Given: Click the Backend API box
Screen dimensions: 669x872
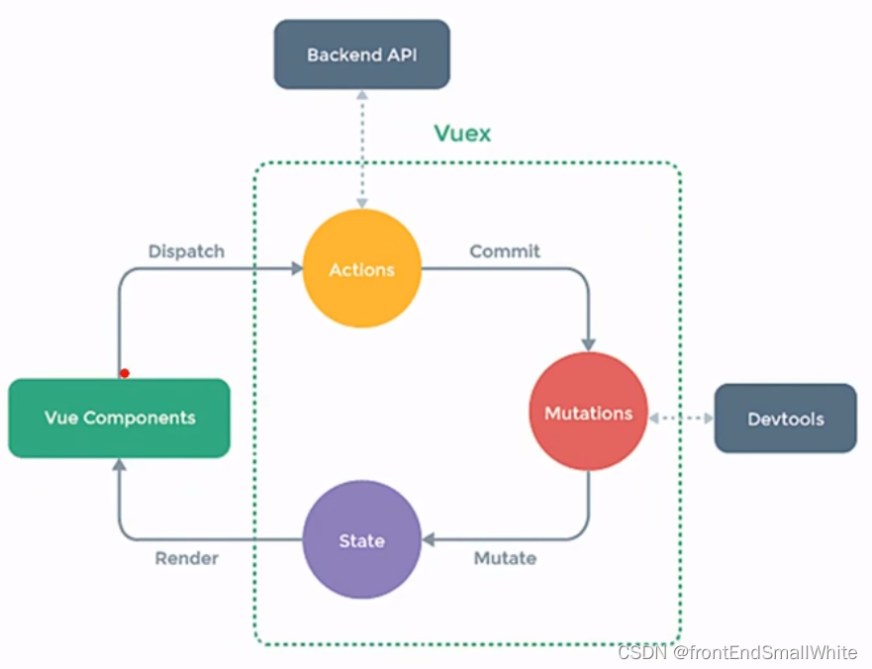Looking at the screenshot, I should pyautogui.click(x=361, y=54).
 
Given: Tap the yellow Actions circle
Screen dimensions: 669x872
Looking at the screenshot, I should pyautogui.click(x=361, y=268).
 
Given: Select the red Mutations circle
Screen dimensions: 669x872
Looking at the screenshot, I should pyautogui.click(x=588, y=412).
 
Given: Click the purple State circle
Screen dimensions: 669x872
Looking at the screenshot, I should pyautogui.click(x=361, y=540).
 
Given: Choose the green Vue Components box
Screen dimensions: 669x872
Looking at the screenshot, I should pyautogui.click(x=119, y=418).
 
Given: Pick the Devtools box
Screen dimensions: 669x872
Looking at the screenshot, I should pyautogui.click(x=785, y=418).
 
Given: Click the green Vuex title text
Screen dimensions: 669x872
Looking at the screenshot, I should pyautogui.click(x=462, y=133).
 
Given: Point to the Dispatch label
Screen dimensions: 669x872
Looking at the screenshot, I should pyautogui.click(x=186, y=251).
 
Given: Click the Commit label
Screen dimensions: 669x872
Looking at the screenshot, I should pyautogui.click(x=505, y=251).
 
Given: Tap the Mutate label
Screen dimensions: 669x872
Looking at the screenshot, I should pyautogui.click(x=505, y=558).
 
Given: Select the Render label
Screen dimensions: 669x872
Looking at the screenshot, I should pyautogui.click(x=186, y=558).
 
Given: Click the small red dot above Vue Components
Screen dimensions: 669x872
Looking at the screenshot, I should pyautogui.click(x=124, y=373).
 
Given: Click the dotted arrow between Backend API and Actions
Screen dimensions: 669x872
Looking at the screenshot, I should pyautogui.click(x=362, y=148).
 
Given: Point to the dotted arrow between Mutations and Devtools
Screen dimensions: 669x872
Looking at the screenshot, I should pyautogui.click(x=680, y=419).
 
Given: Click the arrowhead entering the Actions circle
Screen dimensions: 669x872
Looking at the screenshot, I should pyautogui.click(x=296, y=268).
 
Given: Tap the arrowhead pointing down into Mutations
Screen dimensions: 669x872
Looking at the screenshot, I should pyautogui.click(x=589, y=343).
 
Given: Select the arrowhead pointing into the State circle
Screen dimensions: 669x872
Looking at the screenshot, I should pyautogui.click(x=429, y=540).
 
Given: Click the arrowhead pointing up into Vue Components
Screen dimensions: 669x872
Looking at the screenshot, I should pyautogui.click(x=119, y=464).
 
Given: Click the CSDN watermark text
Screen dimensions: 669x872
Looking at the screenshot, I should pyautogui.click(x=736, y=653).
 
